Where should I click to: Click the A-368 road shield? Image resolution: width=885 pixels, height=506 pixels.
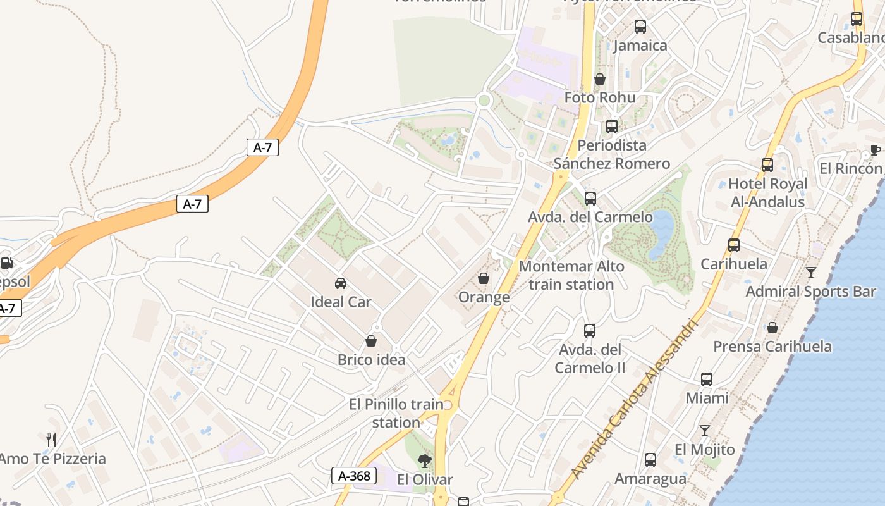pos(354,476)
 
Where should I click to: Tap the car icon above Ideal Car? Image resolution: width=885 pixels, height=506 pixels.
pos(341,283)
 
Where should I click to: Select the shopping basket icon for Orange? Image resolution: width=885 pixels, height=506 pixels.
pos(484,278)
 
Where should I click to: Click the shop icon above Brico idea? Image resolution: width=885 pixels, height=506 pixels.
pos(371,341)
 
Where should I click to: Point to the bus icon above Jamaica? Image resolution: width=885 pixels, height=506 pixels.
pos(640,27)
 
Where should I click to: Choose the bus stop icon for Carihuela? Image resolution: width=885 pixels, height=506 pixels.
pos(734,245)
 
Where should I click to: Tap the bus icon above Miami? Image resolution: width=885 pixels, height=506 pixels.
pos(707,379)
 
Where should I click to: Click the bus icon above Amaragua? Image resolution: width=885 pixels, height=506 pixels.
pos(650,460)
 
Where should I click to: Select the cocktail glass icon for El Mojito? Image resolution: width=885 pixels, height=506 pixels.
pos(705,431)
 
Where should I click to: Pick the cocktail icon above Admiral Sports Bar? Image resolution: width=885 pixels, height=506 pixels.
pos(811,273)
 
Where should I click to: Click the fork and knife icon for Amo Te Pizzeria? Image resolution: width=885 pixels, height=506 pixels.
pos(52,440)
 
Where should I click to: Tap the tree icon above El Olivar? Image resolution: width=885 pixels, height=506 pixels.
pos(425,460)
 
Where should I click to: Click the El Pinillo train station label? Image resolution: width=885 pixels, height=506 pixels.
pos(396,413)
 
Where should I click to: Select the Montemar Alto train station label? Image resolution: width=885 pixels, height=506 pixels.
pos(571,275)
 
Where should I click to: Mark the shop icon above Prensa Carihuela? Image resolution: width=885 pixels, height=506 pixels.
pos(772,328)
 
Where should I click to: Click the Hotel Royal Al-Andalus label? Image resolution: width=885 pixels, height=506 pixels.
pos(767,192)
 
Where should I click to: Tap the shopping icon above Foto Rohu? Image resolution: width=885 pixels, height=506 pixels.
pos(600,79)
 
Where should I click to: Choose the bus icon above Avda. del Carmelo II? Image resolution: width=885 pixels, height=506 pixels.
pos(590,330)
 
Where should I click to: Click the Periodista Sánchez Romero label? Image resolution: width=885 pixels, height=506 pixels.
pos(612,154)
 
